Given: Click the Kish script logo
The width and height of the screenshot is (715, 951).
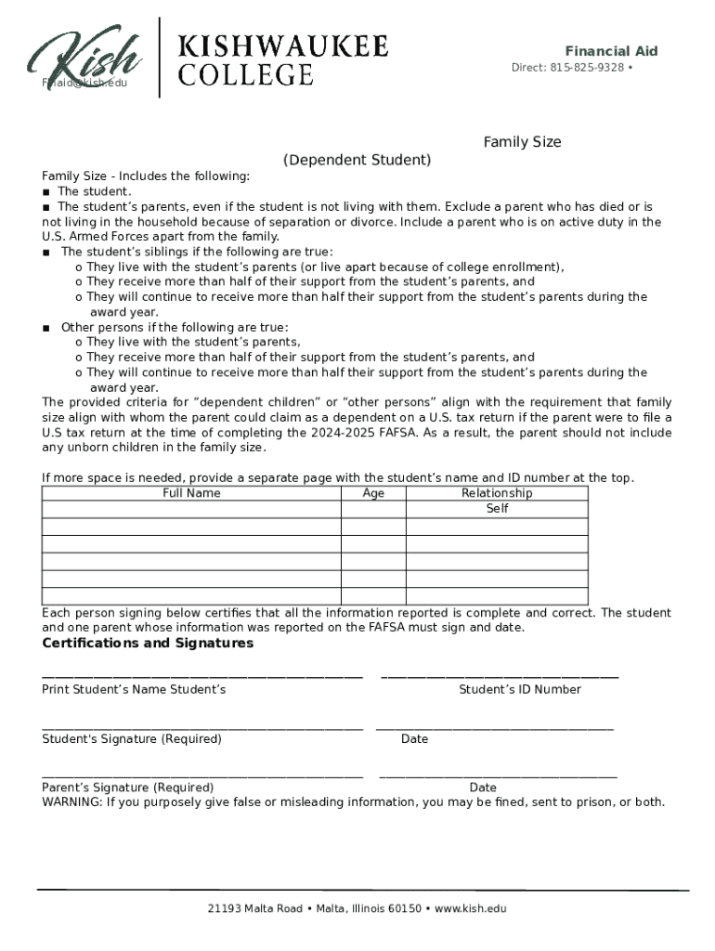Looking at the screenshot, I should (x=85, y=58).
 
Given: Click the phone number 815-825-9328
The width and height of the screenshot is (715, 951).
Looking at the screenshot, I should (x=586, y=68).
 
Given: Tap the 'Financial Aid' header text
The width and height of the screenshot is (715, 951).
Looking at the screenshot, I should (x=611, y=51).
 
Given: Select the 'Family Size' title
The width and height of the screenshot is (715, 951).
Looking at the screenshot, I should (x=522, y=142).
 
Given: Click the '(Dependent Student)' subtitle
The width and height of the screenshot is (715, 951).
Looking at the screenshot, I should (x=357, y=160).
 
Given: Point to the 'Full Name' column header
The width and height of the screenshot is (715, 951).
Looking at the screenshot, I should (x=191, y=493).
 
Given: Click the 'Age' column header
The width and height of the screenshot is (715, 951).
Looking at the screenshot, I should (x=373, y=493).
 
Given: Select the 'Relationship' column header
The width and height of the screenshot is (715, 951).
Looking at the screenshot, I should (x=497, y=493).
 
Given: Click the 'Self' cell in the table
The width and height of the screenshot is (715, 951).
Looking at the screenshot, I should (x=497, y=509).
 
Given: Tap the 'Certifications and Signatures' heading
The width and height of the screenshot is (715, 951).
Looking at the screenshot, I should (x=148, y=644).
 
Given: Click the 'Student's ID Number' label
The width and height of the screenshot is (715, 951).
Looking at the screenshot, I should (x=520, y=689).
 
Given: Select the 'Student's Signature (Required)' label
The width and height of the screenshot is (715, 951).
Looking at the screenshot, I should (x=132, y=739).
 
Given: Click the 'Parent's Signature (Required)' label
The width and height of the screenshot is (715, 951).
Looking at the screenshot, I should (x=128, y=788).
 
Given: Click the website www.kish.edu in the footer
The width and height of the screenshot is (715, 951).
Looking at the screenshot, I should (x=471, y=908).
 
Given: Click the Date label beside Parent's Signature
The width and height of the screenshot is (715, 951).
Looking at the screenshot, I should (x=483, y=788).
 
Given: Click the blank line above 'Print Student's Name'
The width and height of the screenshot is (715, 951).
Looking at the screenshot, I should (x=201, y=675).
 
